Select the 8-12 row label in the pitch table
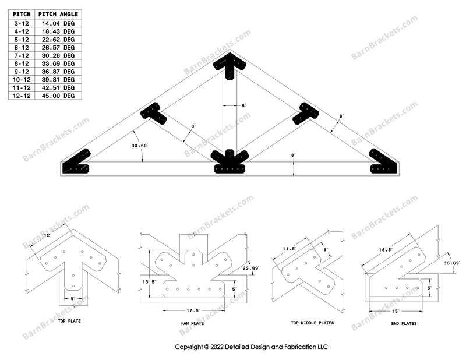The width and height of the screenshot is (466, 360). (x=22, y=63)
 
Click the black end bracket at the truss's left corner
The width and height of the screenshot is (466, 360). (x=76, y=163)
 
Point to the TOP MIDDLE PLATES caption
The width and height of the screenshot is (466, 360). (x=308, y=322)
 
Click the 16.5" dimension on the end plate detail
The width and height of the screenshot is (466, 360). (x=384, y=249)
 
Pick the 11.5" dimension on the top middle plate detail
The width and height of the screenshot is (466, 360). (x=290, y=249)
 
